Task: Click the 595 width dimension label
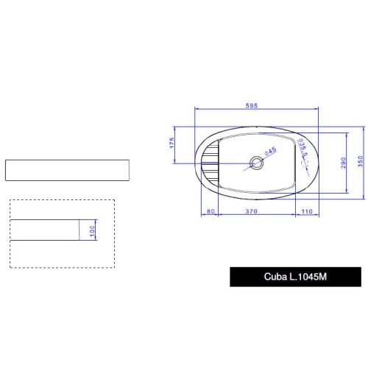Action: click(x=252, y=105)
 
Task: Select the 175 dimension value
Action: click(x=171, y=143)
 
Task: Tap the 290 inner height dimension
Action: click(x=343, y=163)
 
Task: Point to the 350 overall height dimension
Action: click(x=360, y=161)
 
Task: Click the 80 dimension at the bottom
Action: click(x=210, y=211)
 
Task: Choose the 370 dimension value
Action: click(x=252, y=211)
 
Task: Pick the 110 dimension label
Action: click(x=307, y=211)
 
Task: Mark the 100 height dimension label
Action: click(x=92, y=231)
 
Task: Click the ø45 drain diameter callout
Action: click(x=270, y=151)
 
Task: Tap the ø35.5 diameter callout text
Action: click(x=303, y=148)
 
